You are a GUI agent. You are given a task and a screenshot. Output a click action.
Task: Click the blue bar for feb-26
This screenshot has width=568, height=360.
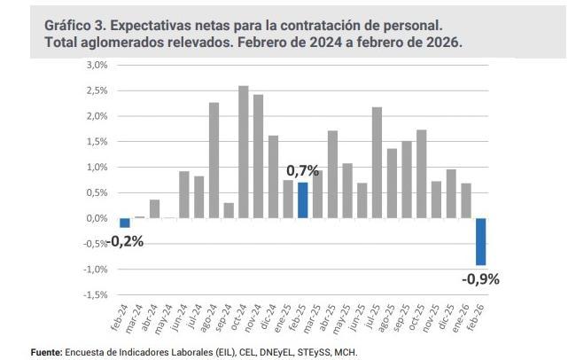click(480, 241)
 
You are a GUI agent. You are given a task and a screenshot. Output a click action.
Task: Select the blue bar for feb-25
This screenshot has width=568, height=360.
click(303, 200)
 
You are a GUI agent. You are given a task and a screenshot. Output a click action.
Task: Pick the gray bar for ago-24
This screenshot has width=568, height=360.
click(214, 160)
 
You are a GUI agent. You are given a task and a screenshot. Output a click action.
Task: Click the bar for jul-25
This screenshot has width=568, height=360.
click(377, 162)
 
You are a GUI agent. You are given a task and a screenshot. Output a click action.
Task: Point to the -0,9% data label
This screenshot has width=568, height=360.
click(480, 278)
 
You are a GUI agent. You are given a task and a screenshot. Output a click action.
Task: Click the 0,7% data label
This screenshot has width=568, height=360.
click(302, 169)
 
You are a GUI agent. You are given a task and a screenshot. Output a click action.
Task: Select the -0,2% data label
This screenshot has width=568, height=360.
click(125, 240)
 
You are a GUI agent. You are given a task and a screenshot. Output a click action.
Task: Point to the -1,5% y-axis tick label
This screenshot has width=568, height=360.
click(96, 294)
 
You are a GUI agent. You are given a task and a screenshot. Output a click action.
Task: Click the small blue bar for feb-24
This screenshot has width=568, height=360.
click(125, 223)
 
